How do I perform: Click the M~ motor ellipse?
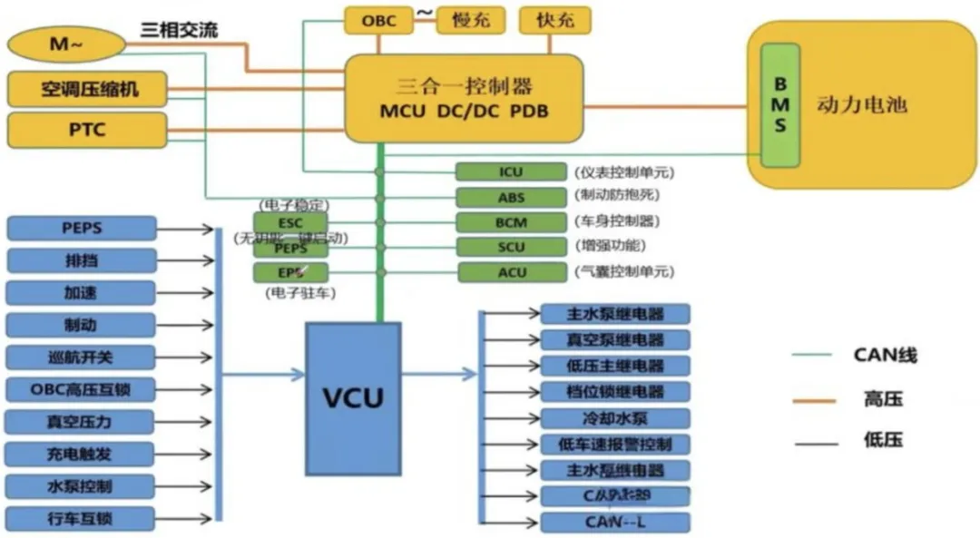tap(65, 43)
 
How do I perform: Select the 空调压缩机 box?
tap(87, 89)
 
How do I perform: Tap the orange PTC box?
tap(87, 130)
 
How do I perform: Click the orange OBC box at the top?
tap(378, 20)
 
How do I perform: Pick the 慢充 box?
tap(470, 20)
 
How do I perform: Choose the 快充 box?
tap(554, 20)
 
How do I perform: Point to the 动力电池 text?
tap(861, 105)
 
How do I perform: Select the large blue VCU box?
tap(353, 396)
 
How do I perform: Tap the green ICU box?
tap(511, 171)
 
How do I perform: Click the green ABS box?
tap(511, 197)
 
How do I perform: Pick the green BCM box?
tap(511, 222)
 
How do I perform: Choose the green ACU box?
tap(511, 272)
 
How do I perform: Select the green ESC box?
tap(289, 222)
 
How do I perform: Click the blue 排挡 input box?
tap(81, 260)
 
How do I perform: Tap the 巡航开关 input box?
tap(81, 357)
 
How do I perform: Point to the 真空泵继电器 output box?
tap(614, 340)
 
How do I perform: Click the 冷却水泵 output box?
tap(614, 418)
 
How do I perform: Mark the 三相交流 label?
tap(179, 30)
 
